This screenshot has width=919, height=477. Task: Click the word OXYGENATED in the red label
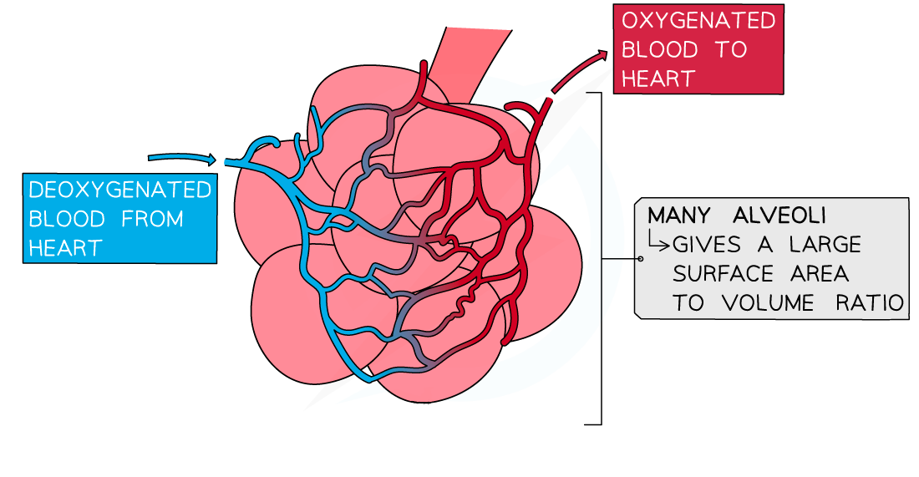(x=698, y=20)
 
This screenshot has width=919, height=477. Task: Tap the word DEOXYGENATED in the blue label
(x=119, y=190)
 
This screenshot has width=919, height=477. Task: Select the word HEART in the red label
(x=658, y=79)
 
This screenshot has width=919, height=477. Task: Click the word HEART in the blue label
(x=65, y=248)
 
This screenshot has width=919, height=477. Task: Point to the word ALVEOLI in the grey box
(x=779, y=215)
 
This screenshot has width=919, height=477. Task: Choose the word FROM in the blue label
(x=152, y=219)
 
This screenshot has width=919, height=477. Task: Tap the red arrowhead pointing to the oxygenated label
(x=601, y=55)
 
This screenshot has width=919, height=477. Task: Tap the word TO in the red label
(x=730, y=49)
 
